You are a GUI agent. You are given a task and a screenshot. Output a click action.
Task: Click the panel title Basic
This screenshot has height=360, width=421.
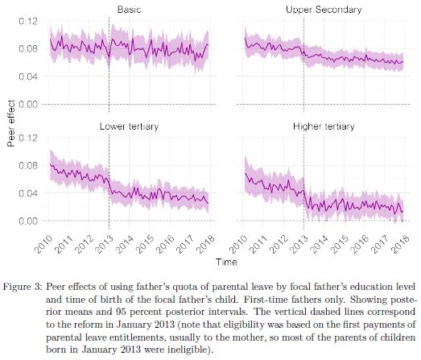tap(129, 9)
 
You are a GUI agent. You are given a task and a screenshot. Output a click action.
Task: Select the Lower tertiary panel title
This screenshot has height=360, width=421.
tap(129, 126)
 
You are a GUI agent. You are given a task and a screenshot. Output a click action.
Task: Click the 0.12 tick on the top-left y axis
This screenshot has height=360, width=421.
tap(31, 19)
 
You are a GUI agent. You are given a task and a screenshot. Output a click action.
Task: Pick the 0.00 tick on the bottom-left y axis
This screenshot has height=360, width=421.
tap(31, 221)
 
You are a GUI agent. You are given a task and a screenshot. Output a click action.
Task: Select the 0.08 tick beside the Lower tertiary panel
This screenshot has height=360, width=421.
tap(31, 165)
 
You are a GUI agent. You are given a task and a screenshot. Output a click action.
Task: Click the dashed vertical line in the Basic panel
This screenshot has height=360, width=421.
tap(109, 64)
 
